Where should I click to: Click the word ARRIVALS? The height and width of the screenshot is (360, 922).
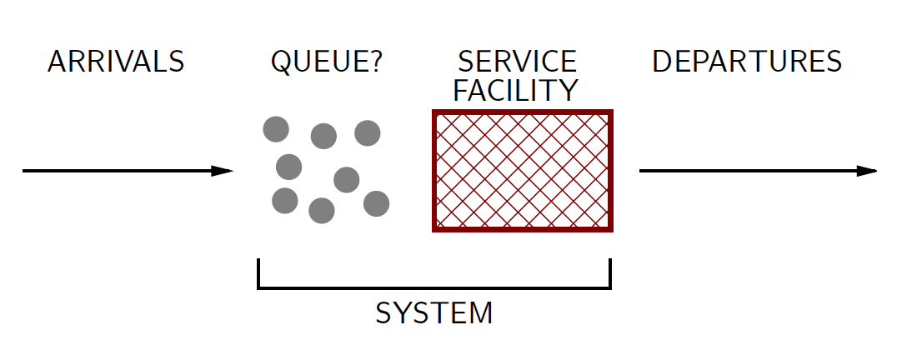coord(116,62)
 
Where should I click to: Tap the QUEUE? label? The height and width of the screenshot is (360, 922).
coord(327,62)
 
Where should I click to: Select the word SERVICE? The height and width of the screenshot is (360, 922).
coord(517,62)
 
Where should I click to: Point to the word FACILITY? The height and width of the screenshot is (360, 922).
coord(516,89)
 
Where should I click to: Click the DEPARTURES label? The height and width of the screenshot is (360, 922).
coord(747,62)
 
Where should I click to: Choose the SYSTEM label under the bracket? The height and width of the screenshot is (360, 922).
coord(434,313)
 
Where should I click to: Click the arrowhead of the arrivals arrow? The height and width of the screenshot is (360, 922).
coord(223,172)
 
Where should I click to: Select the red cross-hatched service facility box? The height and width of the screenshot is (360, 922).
coord(523,171)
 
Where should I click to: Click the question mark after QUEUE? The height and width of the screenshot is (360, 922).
coord(374,62)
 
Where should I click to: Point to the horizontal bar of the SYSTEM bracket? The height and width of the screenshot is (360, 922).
coord(434,287)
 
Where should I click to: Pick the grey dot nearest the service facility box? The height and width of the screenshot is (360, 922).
coord(376,203)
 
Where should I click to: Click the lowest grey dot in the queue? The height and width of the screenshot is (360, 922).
coord(322,211)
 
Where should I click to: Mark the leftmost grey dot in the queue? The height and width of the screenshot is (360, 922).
coord(276,129)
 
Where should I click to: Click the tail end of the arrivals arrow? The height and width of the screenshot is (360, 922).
coord(25,172)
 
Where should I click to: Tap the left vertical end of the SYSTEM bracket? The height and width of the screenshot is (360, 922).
coord(259,272)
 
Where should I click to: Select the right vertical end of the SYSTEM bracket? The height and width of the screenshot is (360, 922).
coord(610,272)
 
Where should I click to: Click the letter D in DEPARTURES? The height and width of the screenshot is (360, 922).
coord(662,62)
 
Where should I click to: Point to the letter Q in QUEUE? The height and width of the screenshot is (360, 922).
coord(282,62)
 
